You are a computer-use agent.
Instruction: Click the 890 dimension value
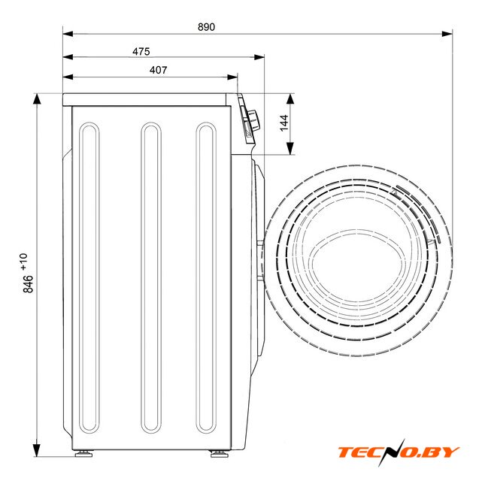point(206,27)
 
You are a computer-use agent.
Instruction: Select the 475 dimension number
point(141,51)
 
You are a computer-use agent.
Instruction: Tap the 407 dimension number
point(159,70)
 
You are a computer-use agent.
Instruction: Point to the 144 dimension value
point(284,123)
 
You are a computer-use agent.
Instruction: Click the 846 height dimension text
point(28,284)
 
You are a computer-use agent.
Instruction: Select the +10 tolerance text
point(24,262)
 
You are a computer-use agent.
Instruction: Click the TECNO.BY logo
point(399,452)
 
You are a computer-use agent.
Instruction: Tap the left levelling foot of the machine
point(84,453)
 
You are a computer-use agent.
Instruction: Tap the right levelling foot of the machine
point(219,453)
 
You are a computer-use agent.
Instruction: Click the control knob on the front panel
point(254,119)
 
